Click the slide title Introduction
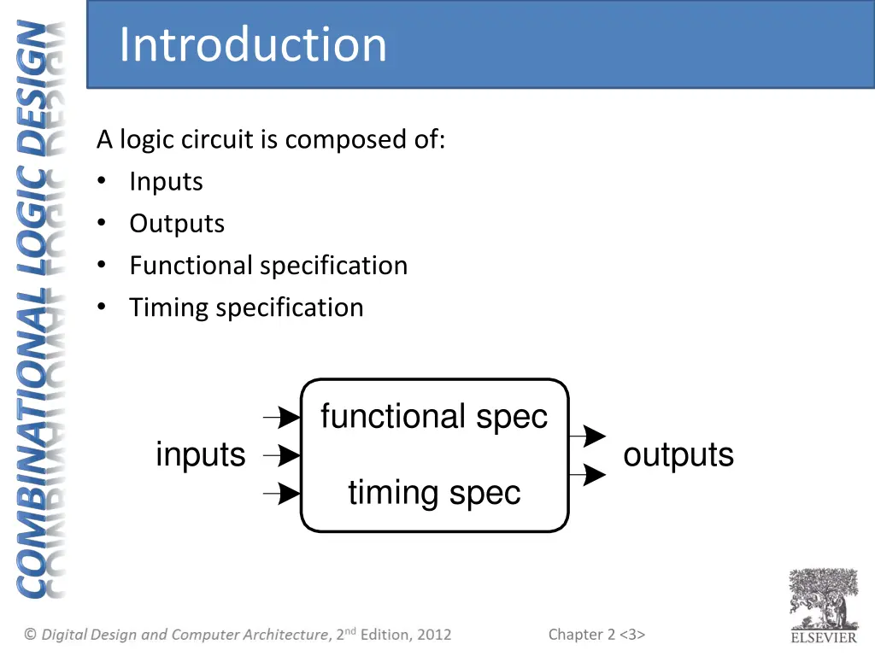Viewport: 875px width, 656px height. point(252,44)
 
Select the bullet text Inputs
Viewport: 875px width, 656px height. point(166,182)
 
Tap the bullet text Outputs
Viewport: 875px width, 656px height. point(177,224)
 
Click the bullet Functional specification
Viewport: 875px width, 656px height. point(268,266)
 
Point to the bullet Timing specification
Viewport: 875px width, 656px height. point(246,307)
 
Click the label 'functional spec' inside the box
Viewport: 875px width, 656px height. point(434,417)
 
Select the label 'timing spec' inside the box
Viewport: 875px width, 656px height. point(434,493)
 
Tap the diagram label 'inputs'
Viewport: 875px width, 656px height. point(200,454)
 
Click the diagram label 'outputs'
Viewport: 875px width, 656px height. point(678,454)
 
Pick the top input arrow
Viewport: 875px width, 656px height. point(283,418)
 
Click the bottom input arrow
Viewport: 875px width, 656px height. point(283,494)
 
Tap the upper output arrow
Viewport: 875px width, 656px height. point(588,436)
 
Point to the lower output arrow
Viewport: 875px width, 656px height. point(588,474)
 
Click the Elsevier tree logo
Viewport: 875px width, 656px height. point(823,599)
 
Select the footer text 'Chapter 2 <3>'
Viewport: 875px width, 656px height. point(596,634)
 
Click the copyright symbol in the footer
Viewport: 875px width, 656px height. point(31,634)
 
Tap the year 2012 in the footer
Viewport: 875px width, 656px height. point(434,634)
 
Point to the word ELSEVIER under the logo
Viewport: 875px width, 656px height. point(823,637)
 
